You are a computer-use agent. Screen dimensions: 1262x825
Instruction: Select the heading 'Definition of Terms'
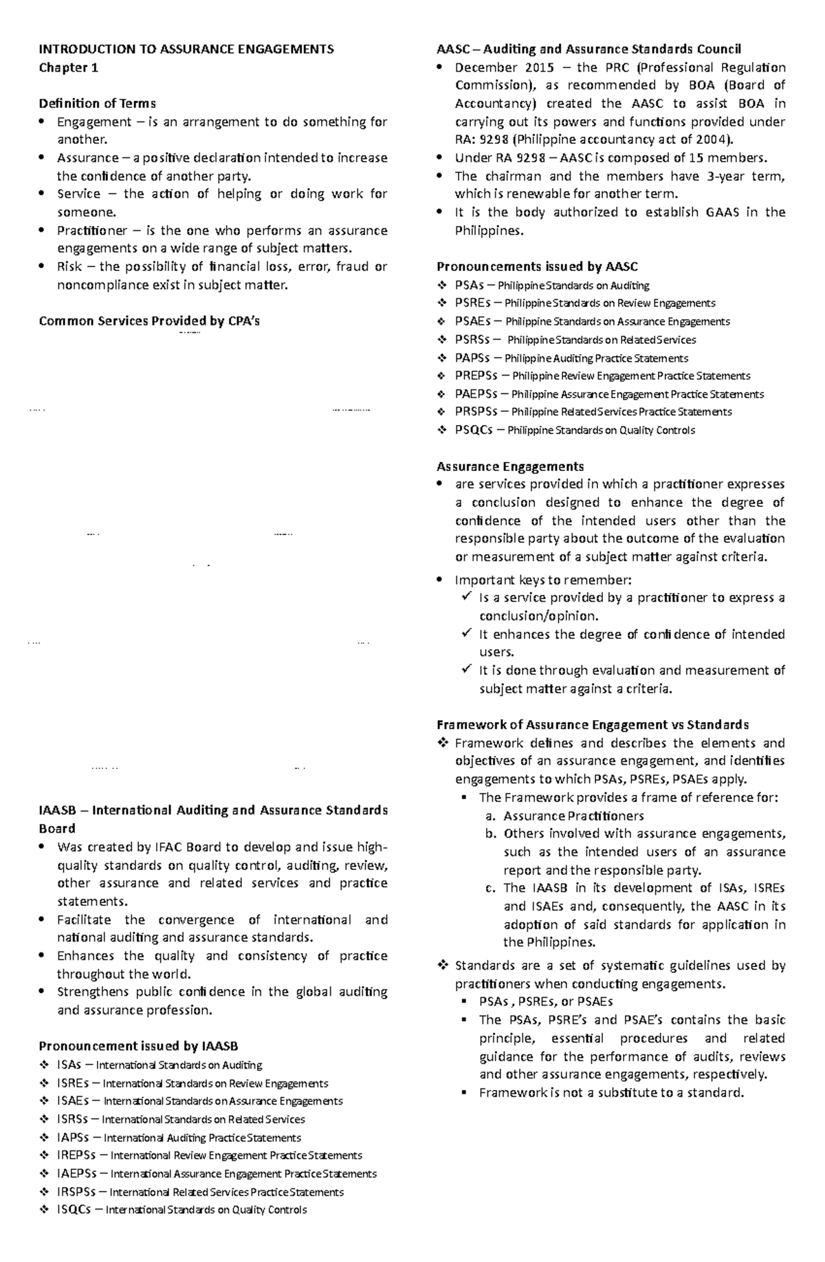click(x=97, y=104)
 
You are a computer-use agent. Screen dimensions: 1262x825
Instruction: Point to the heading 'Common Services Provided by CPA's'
click(x=149, y=321)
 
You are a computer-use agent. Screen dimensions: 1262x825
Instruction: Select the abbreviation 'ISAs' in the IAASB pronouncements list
click(x=69, y=1065)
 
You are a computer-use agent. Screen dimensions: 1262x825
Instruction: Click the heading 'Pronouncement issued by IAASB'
click(x=138, y=1047)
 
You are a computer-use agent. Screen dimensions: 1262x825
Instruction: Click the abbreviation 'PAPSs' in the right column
click(x=472, y=358)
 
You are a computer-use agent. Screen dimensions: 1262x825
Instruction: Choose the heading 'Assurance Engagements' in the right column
click(x=510, y=466)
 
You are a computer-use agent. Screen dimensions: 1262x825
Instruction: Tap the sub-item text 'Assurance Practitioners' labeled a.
click(x=573, y=816)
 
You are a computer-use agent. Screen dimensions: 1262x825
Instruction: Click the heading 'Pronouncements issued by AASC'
click(x=537, y=267)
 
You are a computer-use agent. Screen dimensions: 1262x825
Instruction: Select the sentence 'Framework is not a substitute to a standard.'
click(x=611, y=1093)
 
